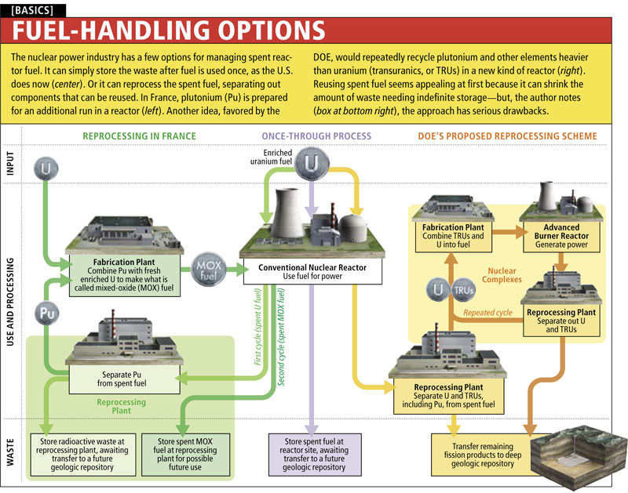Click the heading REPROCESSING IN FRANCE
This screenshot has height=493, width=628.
click(x=141, y=136)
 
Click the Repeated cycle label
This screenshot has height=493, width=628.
click(x=487, y=313)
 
